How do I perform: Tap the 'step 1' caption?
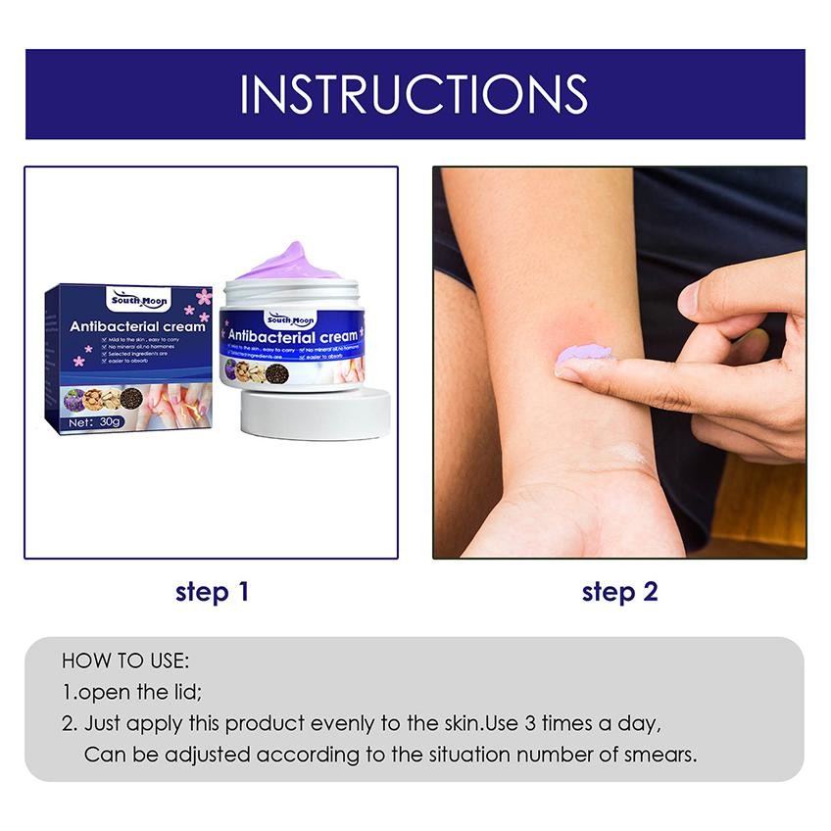click(x=212, y=592)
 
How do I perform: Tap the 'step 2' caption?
click(x=619, y=592)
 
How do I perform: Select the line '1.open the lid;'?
click(x=132, y=692)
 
